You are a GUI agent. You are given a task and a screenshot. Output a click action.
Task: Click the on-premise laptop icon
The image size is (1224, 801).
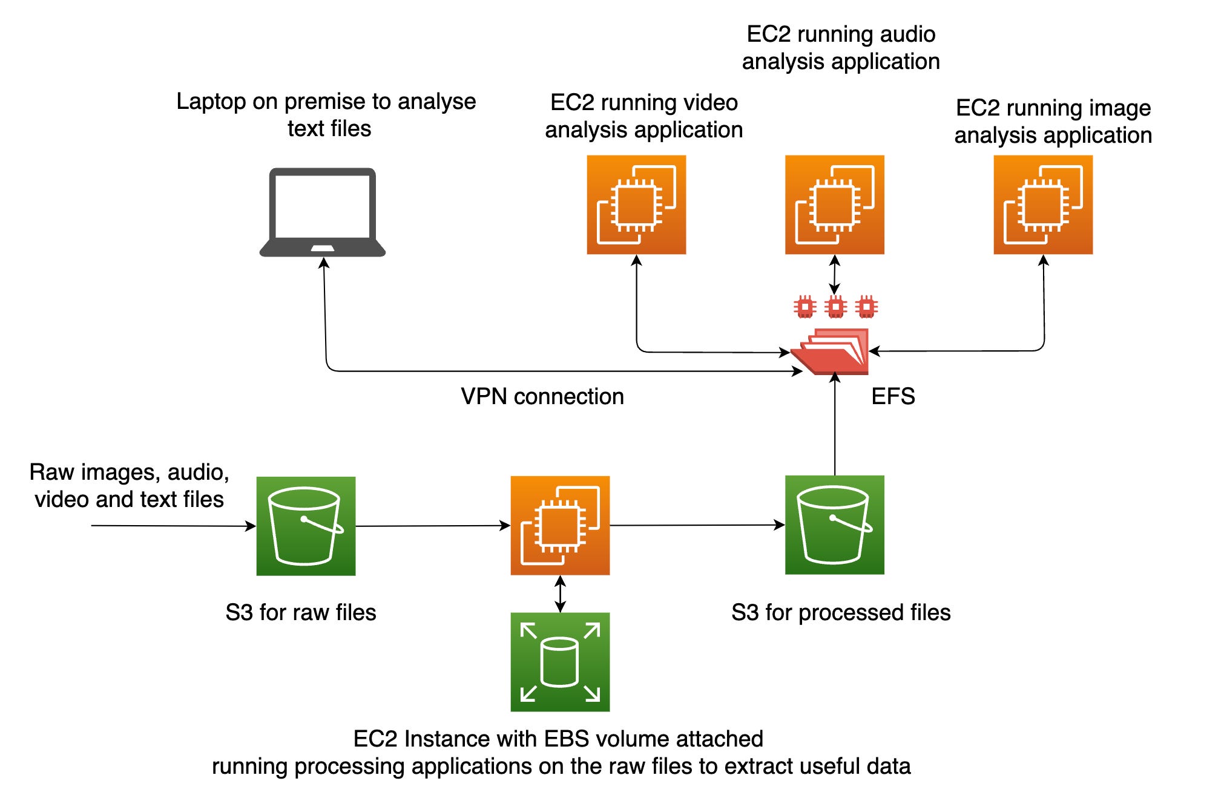[x=322, y=212]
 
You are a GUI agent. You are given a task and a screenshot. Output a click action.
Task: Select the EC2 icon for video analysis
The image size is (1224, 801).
[x=636, y=204]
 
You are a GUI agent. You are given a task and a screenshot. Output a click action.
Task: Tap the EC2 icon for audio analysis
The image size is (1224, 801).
[x=834, y=204]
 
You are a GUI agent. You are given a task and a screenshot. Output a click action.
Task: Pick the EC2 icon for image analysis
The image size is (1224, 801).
[x=1042, y=204]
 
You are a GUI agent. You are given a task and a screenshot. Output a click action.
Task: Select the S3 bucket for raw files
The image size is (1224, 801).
[x=306, y=526]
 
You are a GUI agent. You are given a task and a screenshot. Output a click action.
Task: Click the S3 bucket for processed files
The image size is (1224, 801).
[x=834, y=525]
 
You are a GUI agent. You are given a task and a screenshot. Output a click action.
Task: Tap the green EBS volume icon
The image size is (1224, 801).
[x=560, y=662]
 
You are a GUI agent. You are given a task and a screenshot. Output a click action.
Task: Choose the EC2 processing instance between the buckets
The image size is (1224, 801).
[x=560, y=525]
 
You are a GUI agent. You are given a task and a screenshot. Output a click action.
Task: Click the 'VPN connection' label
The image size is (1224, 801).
[x=542, y=396]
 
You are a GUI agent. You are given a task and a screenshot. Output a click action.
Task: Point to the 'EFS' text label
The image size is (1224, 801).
[x=893, y=396]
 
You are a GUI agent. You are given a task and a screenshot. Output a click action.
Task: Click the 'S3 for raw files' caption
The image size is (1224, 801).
[x=301, y=612]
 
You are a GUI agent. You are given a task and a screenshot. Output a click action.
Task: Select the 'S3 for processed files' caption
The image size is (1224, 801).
[x=841, y=612]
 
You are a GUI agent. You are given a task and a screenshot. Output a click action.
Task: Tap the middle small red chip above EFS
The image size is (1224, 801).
[x=835, y=307]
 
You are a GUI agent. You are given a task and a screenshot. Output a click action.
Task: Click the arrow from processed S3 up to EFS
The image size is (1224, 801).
[x=835, y=423]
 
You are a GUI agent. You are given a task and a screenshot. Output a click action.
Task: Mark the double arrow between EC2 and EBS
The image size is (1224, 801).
[x=560, y=593]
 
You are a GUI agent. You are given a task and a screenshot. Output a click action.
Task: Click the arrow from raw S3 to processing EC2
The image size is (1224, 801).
[x=433, y=526]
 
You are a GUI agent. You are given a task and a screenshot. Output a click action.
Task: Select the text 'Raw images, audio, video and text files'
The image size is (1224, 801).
[x=129, y=485]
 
